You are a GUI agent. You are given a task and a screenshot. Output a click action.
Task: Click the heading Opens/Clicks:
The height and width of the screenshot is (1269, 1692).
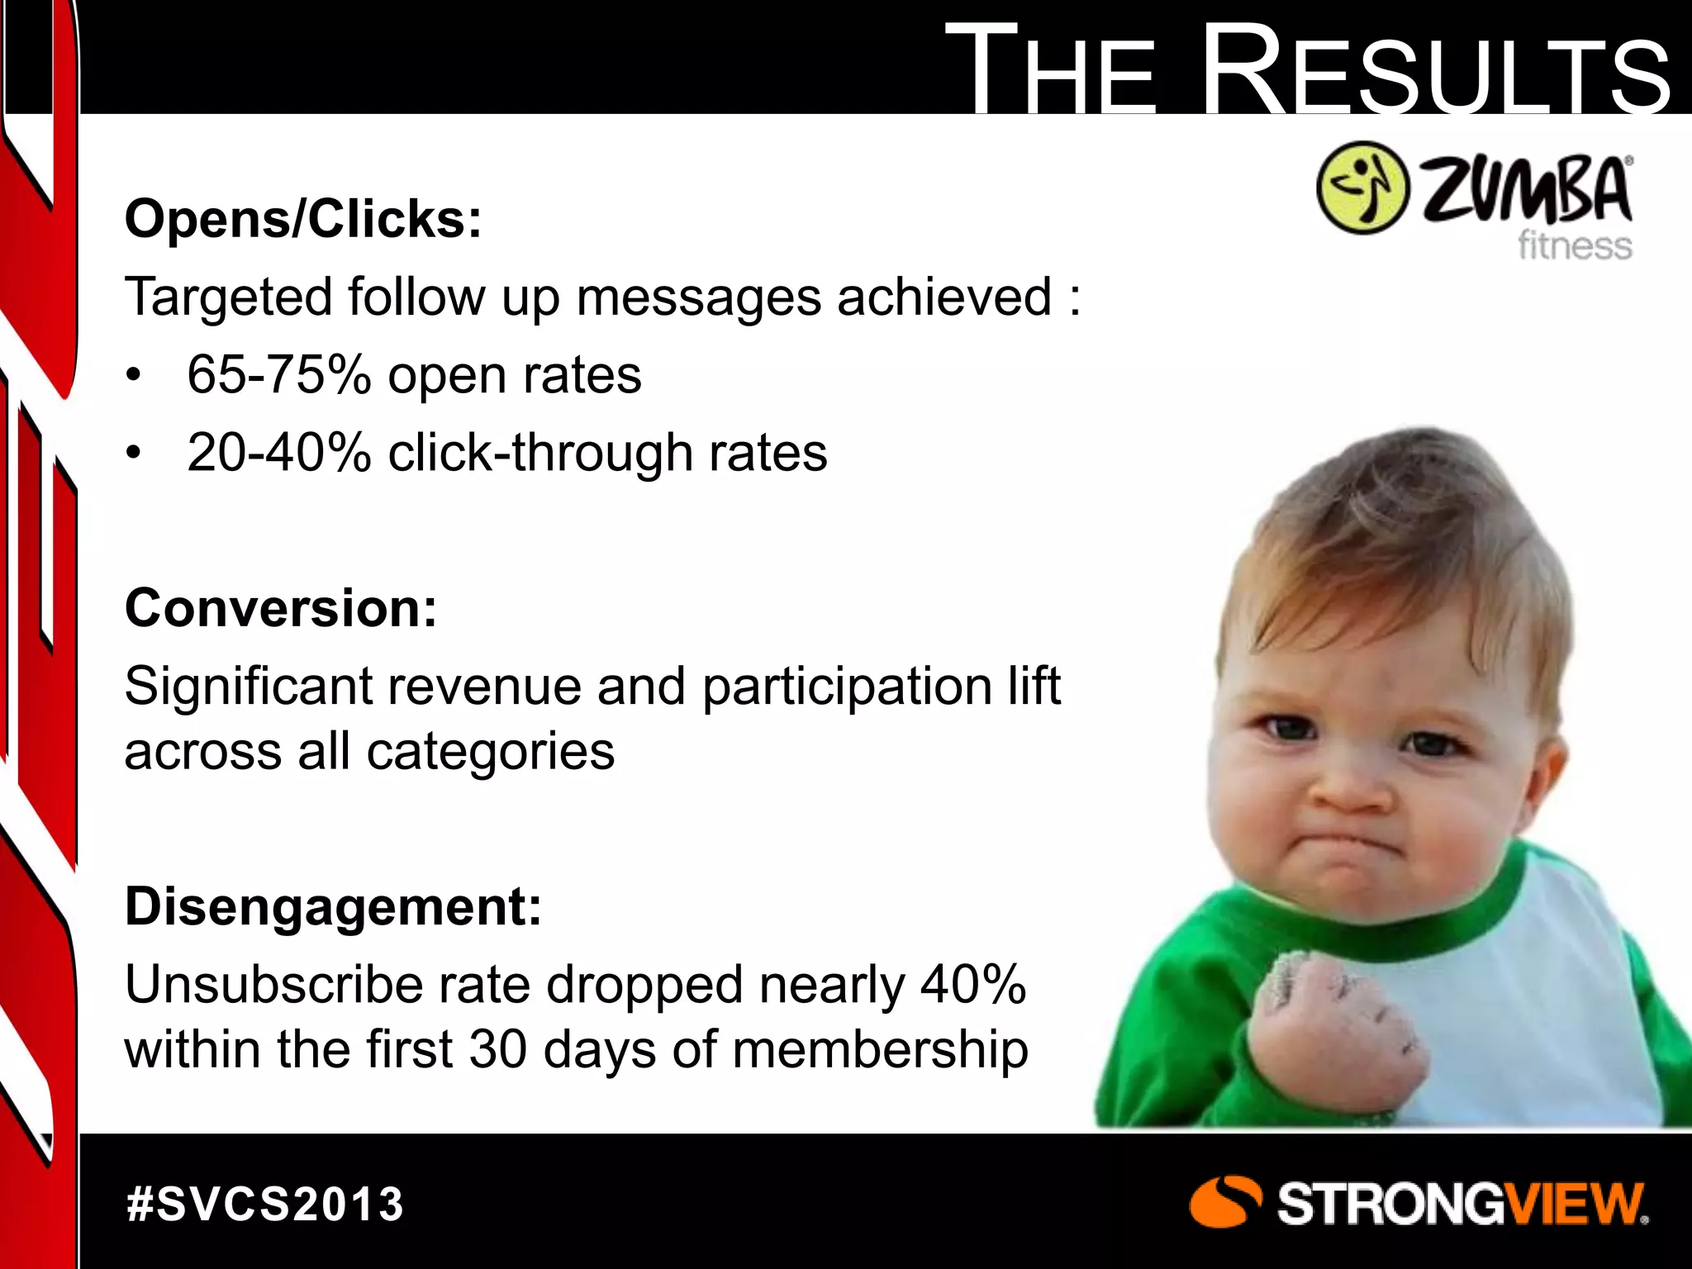coord(302,219)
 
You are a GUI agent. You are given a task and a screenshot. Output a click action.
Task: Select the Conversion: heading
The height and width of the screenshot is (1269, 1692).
coord(281,608)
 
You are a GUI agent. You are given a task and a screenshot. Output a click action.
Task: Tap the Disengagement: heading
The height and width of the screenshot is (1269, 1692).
coord(333,906)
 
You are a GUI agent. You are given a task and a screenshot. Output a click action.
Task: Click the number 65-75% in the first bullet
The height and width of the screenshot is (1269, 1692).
coord(278,375)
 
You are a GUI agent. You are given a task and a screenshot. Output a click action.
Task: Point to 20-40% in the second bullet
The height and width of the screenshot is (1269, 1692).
coord(278,453)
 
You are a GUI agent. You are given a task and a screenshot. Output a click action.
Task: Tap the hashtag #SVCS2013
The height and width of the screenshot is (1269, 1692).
coord(265,1204)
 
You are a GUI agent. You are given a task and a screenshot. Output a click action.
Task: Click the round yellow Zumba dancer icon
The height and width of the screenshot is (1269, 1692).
coord(1362,188)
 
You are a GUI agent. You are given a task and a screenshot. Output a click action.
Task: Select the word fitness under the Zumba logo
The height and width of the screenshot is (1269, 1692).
coord(1574,246)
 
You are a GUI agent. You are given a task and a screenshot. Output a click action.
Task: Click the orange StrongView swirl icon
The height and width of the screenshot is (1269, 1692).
coord(1224,1202)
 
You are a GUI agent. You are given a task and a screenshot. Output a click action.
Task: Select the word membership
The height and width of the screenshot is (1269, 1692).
coord(880,1049)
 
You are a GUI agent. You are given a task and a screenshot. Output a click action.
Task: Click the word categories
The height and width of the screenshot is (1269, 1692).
coord(491,752)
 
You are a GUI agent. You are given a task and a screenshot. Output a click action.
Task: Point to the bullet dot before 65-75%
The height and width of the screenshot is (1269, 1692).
coord(134,377)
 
